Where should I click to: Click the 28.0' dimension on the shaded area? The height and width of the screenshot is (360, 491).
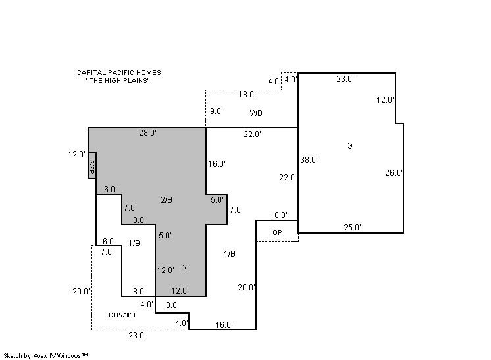click(148, 133)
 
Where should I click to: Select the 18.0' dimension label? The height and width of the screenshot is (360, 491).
click(247, 95)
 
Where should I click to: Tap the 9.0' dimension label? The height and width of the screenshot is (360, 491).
click(217, 111)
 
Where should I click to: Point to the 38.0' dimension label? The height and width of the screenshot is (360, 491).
click(309, 160)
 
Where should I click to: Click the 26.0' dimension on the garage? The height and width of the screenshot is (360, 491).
click(394, 173)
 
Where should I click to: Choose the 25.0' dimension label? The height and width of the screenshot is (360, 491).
click(353, 228)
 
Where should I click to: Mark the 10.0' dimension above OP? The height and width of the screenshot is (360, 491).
click(278, 215)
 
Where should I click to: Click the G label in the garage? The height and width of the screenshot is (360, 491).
click(349, 146)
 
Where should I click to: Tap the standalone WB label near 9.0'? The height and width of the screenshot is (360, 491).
click(256, 113)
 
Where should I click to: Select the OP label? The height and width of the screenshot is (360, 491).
click(277, 232)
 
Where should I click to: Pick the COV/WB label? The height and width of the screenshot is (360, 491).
click(122, 315)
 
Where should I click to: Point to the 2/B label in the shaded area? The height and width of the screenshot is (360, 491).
click(167, 199)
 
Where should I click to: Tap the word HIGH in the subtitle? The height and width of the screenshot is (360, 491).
click(118, 81)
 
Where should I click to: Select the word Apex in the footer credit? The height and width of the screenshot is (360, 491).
click(40, 356)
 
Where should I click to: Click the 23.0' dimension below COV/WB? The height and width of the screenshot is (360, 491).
click(138, 336)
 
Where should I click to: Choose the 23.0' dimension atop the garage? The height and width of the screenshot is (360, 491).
click(346, 79)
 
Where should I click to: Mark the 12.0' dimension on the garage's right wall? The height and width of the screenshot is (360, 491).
click(385, 100)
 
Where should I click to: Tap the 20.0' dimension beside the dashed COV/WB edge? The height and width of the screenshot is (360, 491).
click(82, 292)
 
